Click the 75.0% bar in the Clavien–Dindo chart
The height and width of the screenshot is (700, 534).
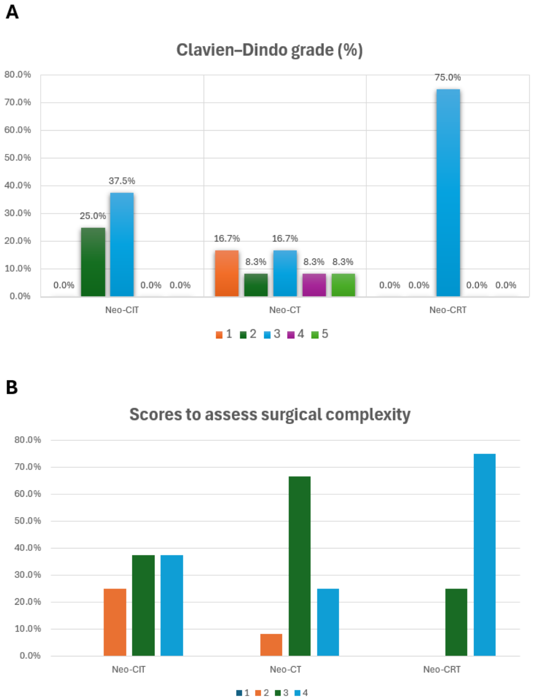[448, 193]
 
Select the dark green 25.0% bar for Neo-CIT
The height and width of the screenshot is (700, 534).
[93, 262]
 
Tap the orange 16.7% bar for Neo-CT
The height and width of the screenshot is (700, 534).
[227, 274]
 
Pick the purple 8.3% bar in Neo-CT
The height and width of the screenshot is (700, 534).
[314, 285]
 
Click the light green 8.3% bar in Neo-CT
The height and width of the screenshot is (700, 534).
[343, 285]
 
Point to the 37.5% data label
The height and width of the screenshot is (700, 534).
[122, 181]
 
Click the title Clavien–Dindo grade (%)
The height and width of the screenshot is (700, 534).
[270, 50]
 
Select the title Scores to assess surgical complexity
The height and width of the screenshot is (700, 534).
[270, 414]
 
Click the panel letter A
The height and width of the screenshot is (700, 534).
[12, 12]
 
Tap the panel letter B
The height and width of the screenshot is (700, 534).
[12, 387]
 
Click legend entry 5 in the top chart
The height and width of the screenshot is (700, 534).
[320, 334]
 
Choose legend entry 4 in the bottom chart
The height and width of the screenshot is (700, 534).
[301, 693]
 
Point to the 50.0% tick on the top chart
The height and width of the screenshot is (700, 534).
[17, 157]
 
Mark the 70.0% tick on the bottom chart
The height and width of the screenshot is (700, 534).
[28, 467]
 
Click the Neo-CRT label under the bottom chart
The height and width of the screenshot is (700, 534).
[442, 670]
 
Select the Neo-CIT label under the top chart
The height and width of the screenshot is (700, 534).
[122, 310]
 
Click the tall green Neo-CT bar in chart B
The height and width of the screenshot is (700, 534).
[299, 566]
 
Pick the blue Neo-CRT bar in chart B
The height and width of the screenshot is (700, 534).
[485, 555]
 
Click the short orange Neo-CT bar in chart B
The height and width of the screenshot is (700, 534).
[271, 645]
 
